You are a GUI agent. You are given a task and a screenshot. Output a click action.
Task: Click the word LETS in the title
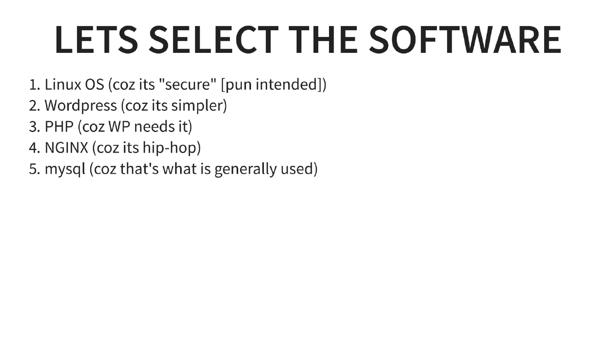(97, 39)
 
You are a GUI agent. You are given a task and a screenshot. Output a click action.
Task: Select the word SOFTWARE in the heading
(465, 39)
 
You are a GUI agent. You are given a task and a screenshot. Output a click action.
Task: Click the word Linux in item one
(60, 84)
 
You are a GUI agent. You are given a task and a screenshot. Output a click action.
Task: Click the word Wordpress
(81, 106)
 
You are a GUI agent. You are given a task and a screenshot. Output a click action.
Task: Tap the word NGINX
(66, 148)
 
